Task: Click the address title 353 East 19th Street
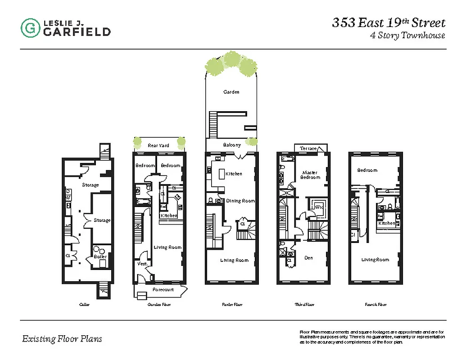click(x=389, y=22)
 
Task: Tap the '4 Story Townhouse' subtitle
click(x=407, y=36)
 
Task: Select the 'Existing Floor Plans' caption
click(x=62, y=339)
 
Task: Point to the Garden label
click(x=231, y=92)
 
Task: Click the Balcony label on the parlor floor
click(x=232, y=145)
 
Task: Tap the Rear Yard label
click(x=158, y=145)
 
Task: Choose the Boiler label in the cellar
click(x=100, y=256)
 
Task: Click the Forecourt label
click(x=162, y=289)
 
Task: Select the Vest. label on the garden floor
click(x=143, y=263)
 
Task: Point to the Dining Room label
click(x=240, y=201)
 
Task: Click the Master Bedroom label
click(x=310, y=175)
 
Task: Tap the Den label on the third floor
click(x=308, y=258)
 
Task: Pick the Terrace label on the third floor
click(x=309, y=148)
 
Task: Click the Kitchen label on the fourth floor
click(x=386, y=223)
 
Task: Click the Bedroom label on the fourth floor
click(x=367, y=170)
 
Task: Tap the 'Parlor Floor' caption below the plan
click(x=232, y=305)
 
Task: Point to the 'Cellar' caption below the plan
click(x=84, y=305)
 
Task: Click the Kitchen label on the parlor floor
click(x=234, y=174)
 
